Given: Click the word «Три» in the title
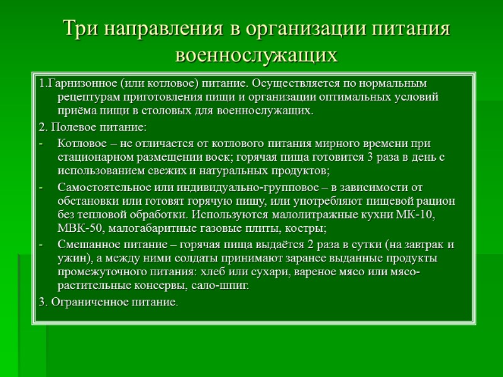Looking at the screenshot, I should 80,30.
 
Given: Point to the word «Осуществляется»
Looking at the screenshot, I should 293,84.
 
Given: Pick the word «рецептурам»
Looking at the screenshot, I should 86,97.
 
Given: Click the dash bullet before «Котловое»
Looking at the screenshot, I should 41,143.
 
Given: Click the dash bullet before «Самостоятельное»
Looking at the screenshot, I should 41,187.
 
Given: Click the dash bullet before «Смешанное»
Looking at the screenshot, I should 41,244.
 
